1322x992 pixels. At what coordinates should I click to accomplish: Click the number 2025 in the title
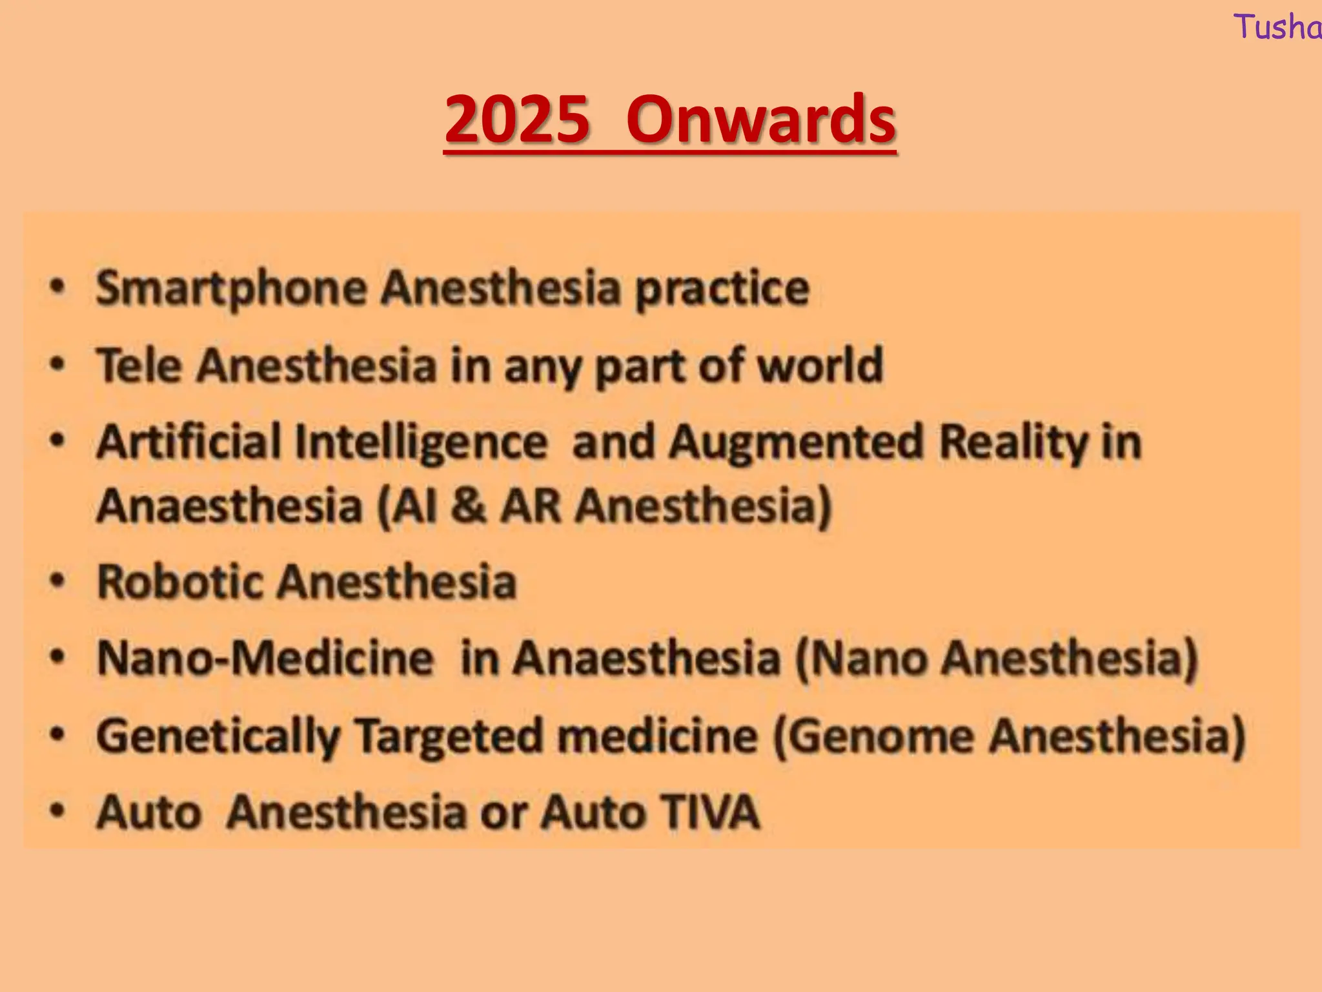(x=517, y=120)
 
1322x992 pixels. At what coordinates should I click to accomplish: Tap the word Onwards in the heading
(x=760, y=120)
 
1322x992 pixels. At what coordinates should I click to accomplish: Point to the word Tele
(x=139, y=366)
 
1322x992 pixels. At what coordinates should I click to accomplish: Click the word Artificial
(x=189, y=442)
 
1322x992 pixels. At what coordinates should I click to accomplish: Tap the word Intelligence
(x=421, y=444)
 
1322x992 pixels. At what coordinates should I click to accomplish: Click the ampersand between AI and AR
(x=468, y=506)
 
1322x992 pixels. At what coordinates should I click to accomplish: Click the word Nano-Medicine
(x=265, y=658)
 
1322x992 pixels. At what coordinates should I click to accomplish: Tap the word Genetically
(x=218, y=736)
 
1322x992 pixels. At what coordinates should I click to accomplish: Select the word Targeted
(x=449, y=736)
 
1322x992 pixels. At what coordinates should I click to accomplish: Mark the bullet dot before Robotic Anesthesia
(x=58, y=581)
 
